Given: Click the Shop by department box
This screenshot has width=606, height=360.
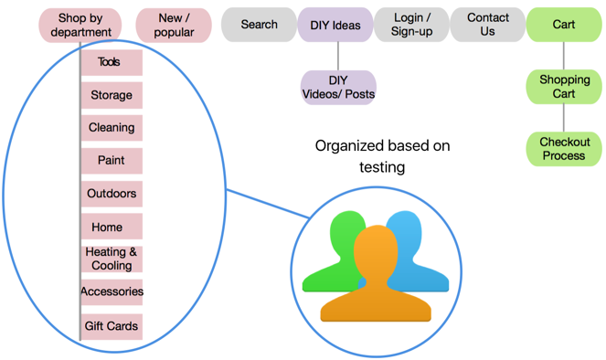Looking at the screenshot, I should click(x=80, y=25).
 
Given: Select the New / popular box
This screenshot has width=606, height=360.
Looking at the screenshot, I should click(x=174, y=25).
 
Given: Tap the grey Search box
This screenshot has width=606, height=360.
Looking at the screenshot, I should click(x=259, y=25).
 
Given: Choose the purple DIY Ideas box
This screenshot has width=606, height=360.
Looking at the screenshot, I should click(x=335, y=25).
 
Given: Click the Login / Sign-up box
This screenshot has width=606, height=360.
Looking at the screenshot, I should click(x=411, y=25).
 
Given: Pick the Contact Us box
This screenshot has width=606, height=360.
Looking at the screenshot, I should click(x=488, y=25).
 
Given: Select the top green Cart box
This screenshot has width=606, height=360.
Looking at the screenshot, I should click(x=564, y=25).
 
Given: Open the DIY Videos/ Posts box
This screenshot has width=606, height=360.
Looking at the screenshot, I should click(x=338, y=88).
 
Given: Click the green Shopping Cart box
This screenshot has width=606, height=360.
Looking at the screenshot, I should click(x=564, y=87).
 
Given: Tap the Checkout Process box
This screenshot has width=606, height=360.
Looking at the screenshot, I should click(x=564, y=149).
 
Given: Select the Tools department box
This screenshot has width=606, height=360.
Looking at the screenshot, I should click(x=111, y=63).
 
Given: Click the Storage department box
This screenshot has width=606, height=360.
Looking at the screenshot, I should click(x=111, y=95).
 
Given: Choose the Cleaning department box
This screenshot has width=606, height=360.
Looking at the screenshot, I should click(x=111, y=128).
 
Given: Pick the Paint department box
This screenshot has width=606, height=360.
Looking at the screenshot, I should click(x=111, y=161).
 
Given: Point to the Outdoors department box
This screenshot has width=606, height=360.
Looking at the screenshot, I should click(x=111, y=194).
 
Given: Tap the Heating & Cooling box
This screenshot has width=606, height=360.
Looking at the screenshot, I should click(x=111, y=259).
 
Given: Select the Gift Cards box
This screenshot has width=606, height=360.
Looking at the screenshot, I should click(x=111, y=326).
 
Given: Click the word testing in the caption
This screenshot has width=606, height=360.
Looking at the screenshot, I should click(x=382, y=167).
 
